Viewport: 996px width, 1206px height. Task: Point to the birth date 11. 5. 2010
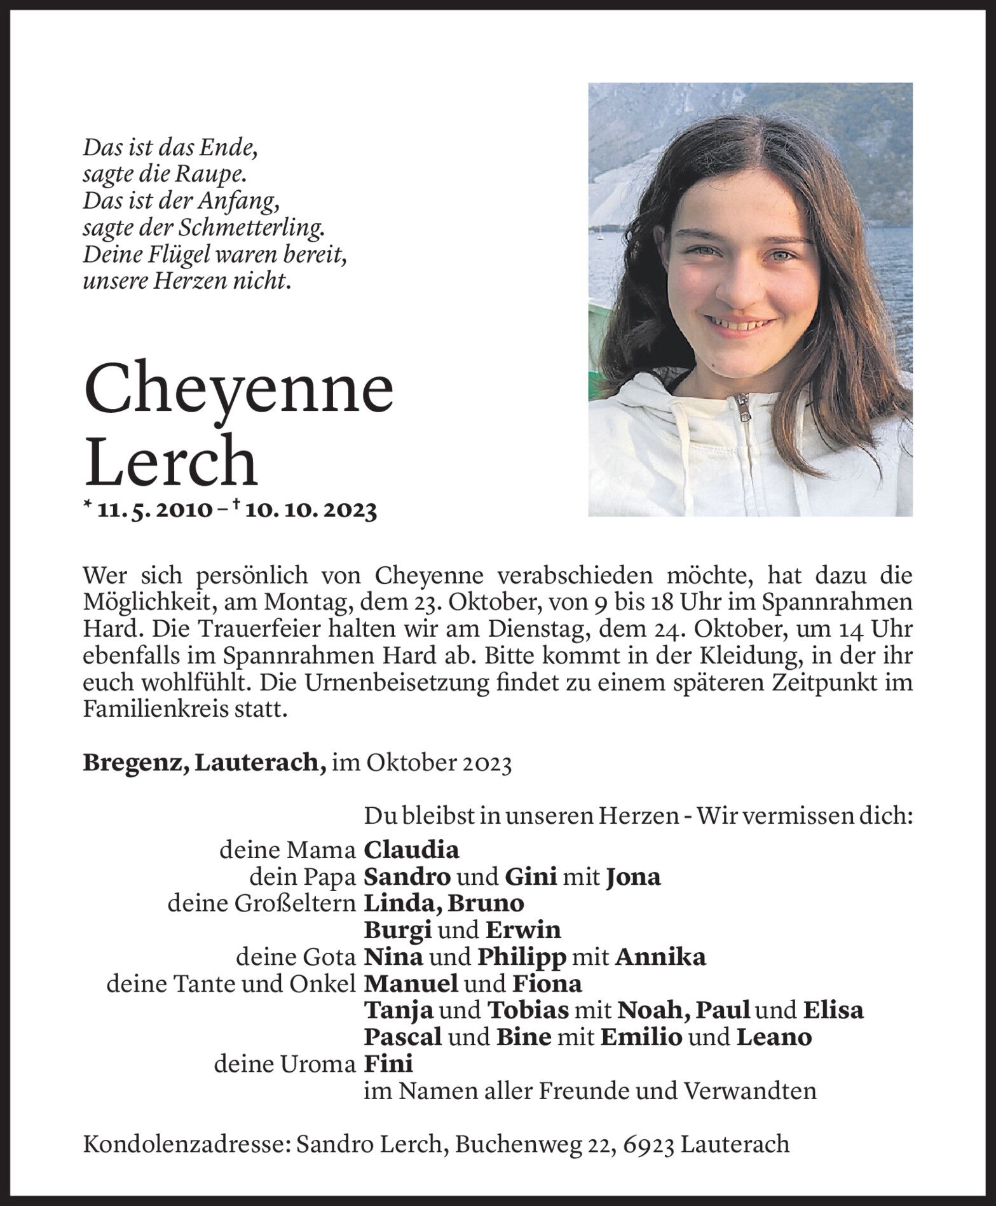point(155,509)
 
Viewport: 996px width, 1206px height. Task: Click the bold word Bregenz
point(134,762)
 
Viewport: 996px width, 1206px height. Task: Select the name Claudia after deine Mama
point(411,850)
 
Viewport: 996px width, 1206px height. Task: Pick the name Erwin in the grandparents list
point(523,931)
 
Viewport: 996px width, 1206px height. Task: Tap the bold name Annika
point(661,957)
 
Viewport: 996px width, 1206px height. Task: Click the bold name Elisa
point(833,1011)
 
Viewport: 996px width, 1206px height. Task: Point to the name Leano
point(774,1037)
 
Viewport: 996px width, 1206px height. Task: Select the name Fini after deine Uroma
point(388,1064)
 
